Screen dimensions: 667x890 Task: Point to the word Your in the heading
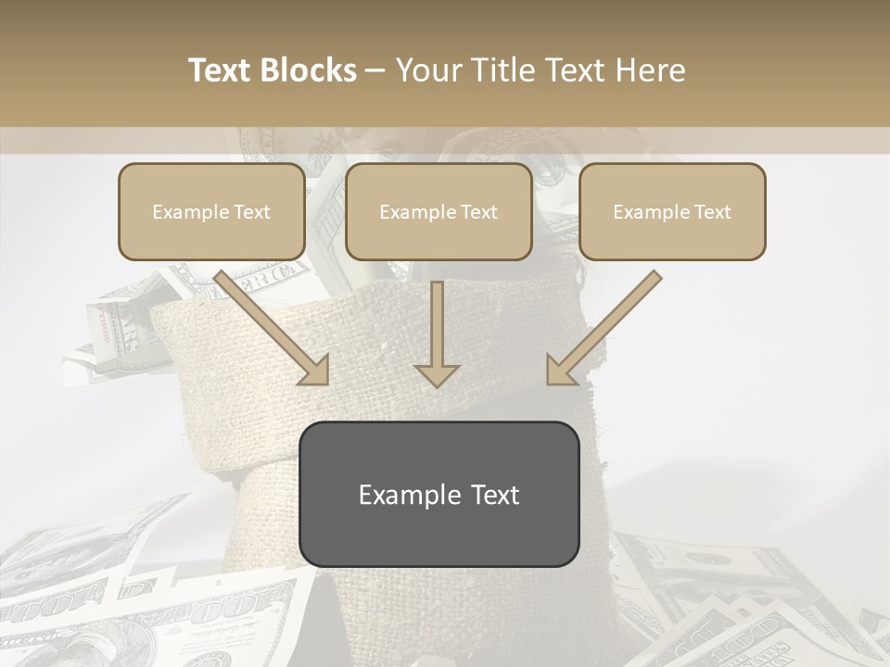coord(429,70)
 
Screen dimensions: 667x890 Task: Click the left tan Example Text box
coord(211,211)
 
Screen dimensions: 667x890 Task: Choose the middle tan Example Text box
coord(439,211)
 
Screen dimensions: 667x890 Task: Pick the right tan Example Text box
coord(672,211)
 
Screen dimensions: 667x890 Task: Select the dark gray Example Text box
coord(439,494)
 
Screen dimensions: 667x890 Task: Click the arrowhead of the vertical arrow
coord(437,373)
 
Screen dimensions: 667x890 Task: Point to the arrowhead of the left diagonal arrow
coord(314,370)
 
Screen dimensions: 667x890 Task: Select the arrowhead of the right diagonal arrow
coord(561,370)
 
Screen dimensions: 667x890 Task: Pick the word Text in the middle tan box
coord(477,212)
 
